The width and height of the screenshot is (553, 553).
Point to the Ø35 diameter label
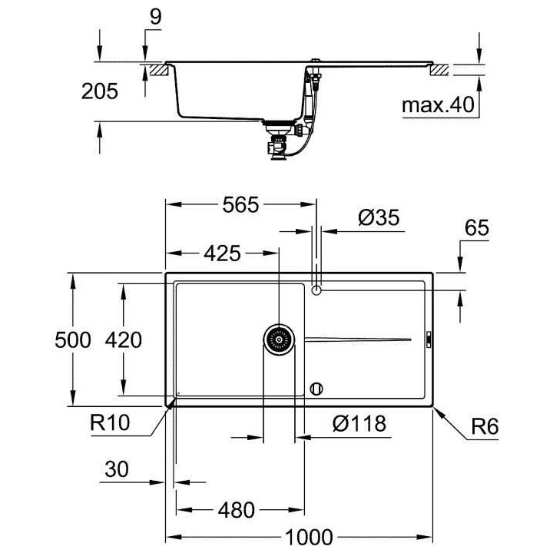379,218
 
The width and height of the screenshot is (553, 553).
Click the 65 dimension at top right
476,228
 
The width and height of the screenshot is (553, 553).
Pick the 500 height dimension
75,339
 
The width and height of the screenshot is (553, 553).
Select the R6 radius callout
484,427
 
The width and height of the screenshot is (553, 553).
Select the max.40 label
439,104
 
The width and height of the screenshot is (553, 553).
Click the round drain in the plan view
279,339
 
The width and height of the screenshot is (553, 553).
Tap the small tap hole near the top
316,290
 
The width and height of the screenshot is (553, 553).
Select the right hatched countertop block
439,69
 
